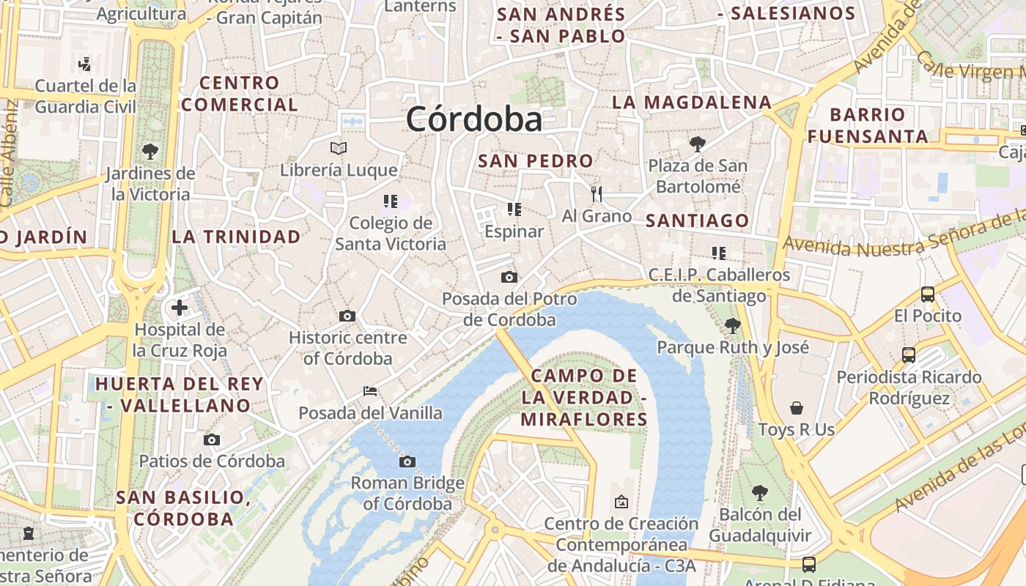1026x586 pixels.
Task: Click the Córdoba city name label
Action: pos(474,119)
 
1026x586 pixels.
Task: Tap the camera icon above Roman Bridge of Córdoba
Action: pos(407,461)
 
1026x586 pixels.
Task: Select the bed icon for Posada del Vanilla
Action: pos(370,391)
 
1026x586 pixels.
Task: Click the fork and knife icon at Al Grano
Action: pos(597,193)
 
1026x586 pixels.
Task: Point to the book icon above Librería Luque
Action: pos(339,148)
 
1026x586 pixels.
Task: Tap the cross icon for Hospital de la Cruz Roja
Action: pos(180,308)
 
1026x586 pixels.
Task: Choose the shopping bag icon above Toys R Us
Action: pos(797,408)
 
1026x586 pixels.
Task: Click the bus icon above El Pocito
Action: pos(928,294)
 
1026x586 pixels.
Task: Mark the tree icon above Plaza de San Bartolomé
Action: pos(698,144)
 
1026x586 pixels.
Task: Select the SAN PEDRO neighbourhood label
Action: pos(536,161)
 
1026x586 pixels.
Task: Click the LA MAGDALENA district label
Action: pos(692,103)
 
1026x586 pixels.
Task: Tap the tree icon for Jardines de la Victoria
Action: pos(150,152)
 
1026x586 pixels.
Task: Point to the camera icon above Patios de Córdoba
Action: pos(212,439)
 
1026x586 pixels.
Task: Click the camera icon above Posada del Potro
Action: pos(509,277)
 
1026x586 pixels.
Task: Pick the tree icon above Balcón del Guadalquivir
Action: pos(760,492)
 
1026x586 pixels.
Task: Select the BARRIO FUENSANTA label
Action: pos(868,125)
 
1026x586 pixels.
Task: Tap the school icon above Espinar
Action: pos(514,209)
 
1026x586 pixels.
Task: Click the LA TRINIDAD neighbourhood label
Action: pos(236,237)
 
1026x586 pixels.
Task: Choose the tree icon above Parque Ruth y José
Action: pos(732,325)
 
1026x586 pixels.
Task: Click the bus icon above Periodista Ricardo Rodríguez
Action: pos(909,355)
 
